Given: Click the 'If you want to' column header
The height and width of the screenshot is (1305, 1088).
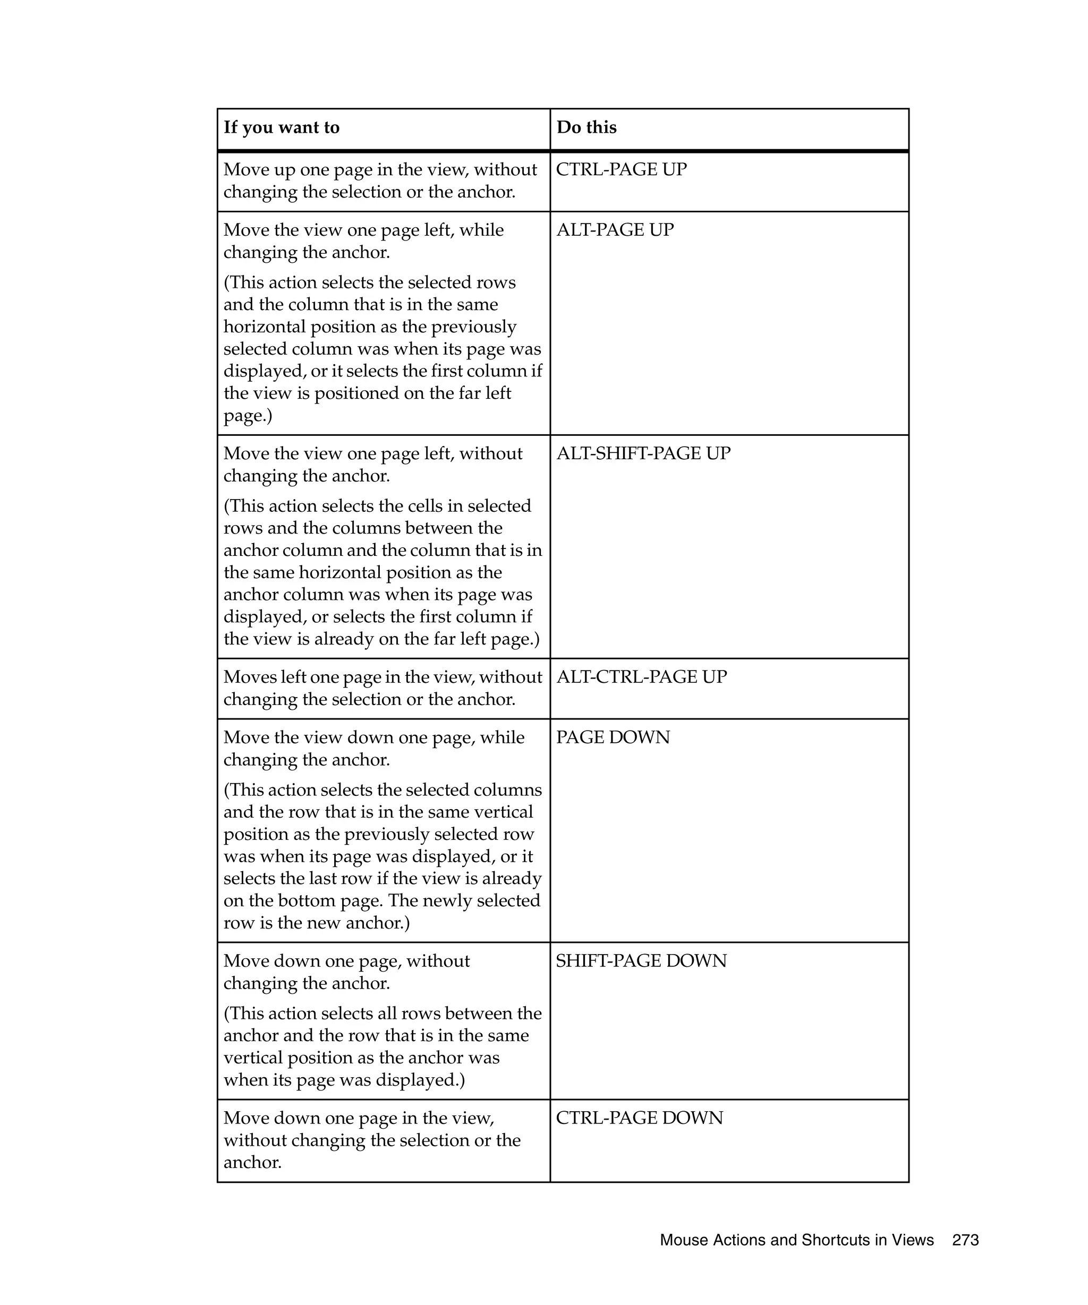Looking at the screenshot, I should tap(281, 127).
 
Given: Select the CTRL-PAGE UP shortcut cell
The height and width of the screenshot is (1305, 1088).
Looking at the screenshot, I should tap(620, 170).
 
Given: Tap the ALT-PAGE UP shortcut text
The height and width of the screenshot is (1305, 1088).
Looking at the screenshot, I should tap(614, 230).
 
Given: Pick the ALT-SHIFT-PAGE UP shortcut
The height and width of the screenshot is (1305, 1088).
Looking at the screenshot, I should tap(643, 453).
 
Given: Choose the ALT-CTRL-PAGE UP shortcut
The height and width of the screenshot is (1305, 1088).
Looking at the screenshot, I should tap(641, 677).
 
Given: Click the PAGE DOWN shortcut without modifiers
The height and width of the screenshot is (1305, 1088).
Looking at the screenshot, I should tap(613, 737).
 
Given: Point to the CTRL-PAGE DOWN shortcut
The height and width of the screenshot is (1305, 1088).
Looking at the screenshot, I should tap(639, 1118).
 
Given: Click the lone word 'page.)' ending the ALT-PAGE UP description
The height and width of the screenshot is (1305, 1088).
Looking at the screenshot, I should tap(248, 416).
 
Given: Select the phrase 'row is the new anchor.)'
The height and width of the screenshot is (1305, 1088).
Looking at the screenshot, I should tap(316, 923).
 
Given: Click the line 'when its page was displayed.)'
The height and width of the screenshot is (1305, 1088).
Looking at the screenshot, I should tap(344, 1080).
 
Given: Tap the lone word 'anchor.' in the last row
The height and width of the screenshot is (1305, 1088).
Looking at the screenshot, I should tap(252, 1163).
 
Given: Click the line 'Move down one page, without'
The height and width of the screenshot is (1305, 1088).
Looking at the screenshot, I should tap(346, 961).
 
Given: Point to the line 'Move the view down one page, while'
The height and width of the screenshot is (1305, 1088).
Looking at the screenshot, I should tap(373, 737).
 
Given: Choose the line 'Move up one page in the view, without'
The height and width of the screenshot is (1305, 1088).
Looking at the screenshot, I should tap(380, 170).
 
